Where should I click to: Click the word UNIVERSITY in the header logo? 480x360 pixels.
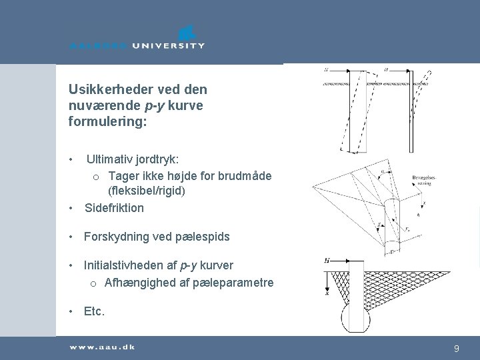click(x=168, y=45)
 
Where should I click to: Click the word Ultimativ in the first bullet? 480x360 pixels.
click(x=109, y=160)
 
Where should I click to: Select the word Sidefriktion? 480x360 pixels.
click(x=114, y=208)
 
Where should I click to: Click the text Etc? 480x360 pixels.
click(x=94, y=311)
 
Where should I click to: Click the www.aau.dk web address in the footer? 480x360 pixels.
click(x=101, y=347)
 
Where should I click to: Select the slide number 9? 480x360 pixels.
click(x=456, y=348)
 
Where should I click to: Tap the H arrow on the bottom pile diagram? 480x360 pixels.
click(x=331, y=260)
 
